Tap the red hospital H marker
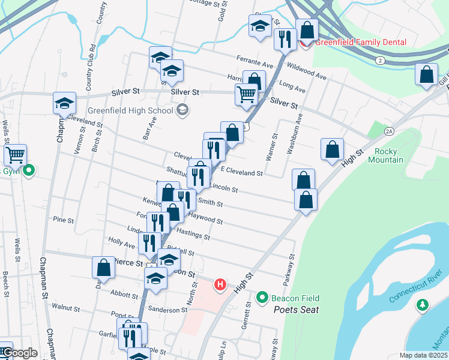coord(220,284)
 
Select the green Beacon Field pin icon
coord(262,297)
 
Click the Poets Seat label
coord(296,310)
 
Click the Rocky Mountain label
coord(385,155)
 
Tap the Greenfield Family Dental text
coord(361,42)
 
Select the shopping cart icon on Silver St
coord(246,94)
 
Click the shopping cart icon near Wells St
coord(15,154)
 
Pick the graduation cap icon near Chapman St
coord(64,103)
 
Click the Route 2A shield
coord(389,131)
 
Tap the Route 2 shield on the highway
coord(380,61)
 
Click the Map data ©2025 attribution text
coord(423,355)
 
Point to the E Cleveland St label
coord(241,173)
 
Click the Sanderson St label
coord(168,310)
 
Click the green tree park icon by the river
coord(423,305)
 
